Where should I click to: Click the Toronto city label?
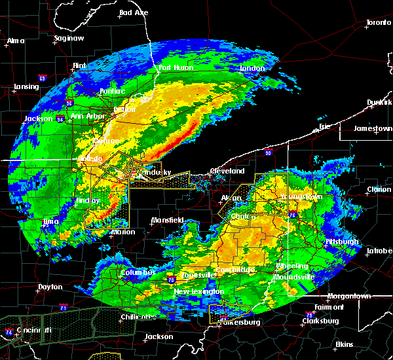point(378,22)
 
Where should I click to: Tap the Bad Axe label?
point(134,13)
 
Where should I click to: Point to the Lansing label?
point(26,86)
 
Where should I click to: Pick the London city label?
point(252,68)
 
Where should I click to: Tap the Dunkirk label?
point(379,102)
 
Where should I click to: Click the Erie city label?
point(325,126)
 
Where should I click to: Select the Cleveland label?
point(227,171)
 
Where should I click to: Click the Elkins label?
point(344,344)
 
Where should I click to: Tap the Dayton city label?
point(50,287)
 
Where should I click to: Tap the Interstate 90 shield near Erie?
point(268,153)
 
